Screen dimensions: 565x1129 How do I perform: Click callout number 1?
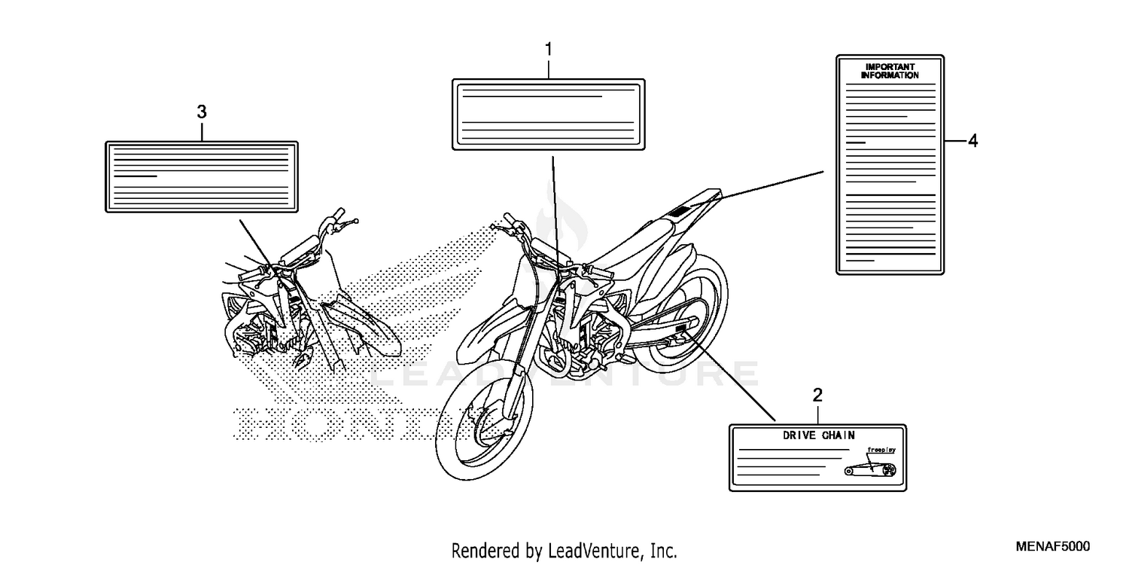[x=549, y=50]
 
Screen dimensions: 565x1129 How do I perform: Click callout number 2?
[x=818, y=395]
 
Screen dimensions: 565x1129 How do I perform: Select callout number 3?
[x=202, y=112]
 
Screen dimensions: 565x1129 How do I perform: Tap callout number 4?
[x=972, y=141]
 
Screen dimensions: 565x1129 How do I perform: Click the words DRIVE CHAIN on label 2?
[x=818, y=435]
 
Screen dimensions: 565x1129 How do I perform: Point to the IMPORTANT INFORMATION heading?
[x=890, y=72]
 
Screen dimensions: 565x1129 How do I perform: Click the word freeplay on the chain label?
[x=881, y=450]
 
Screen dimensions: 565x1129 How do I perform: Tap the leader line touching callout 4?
[x=954, y=141]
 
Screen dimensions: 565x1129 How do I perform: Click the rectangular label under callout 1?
[x=548, y=115]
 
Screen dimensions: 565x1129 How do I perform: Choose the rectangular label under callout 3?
[x=201, y=176]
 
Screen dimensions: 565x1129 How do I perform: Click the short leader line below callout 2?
[x=818, y=413]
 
